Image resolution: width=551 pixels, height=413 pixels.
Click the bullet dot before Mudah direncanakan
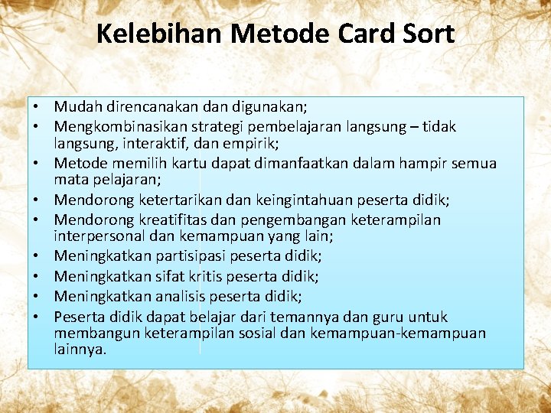point(36,108)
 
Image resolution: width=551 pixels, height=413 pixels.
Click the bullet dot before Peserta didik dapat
point(36,315)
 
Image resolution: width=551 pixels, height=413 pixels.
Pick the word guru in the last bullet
point(390,317)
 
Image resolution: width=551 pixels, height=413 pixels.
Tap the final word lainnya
point(80,350)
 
